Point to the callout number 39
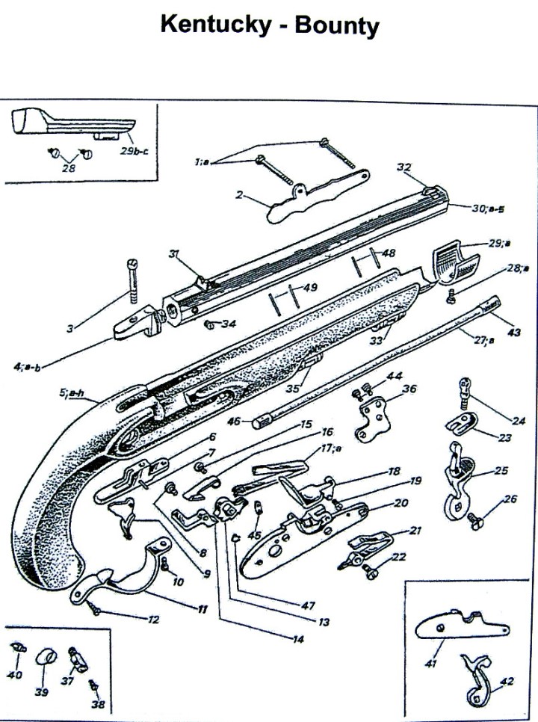(x=42, y=692)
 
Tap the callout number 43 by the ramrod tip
(x=514, y=332)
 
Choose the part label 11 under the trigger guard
(x=201, y=609)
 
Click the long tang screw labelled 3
(x=133, y=280)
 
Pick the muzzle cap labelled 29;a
(x=454, y=265)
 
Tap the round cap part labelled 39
(x=48, y=658)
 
